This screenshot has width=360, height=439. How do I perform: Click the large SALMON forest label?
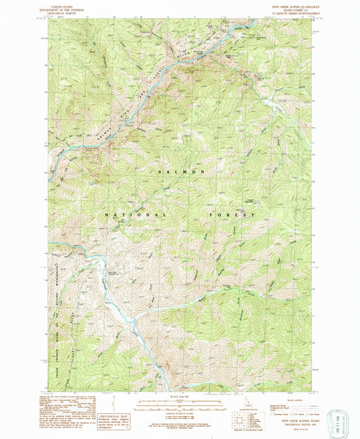tap(182, 172)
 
